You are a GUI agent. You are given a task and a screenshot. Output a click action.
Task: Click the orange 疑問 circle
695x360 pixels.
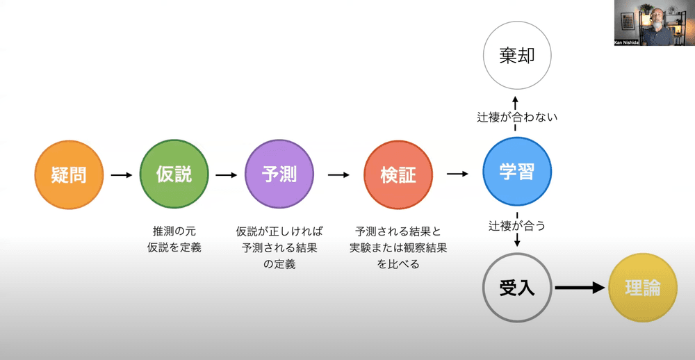click(x=69, y=175)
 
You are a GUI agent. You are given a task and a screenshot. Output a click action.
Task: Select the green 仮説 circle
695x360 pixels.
click(x=174, y=175)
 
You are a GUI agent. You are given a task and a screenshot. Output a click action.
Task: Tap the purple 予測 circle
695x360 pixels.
click(x=279, y=175)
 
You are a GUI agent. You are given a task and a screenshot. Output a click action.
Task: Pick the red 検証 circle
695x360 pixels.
click(x=398, y=175)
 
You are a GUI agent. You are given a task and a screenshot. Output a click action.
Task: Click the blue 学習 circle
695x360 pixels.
click(x=516, y=172)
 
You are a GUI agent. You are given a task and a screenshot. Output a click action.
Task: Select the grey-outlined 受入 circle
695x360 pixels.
click(x=516, y=288)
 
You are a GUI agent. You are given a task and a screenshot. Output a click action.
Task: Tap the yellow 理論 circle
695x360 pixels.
click(x=642, y=288)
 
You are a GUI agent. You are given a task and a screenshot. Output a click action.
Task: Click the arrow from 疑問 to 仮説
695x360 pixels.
click(x=122, y=175)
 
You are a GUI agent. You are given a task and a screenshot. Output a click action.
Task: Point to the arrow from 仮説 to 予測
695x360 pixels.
click(x=227, y=175)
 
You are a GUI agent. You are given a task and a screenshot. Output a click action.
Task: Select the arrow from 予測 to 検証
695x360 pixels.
click(x=338, y=175)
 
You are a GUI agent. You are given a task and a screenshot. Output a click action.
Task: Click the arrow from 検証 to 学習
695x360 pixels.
click(x=457, y=174)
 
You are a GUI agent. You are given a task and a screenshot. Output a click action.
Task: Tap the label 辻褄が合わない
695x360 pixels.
click(x=516, y=117)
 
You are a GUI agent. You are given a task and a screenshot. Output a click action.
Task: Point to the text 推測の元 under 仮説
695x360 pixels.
click(x=174, y=231)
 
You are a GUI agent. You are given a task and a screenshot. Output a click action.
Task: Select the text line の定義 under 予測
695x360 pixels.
click(x=279, y=264)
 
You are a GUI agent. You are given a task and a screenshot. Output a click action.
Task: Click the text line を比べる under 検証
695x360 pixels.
click(x=398, y=264)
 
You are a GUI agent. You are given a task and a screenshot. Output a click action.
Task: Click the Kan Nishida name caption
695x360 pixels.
click(x=630, y=42)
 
